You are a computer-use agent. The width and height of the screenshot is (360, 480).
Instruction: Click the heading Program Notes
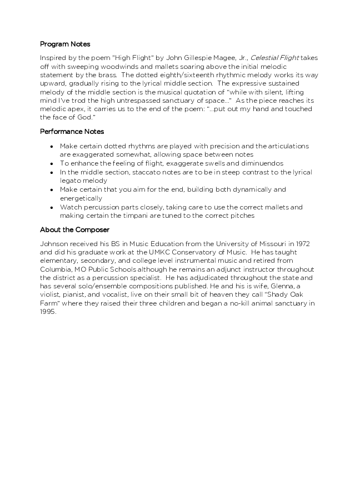click(65, 44)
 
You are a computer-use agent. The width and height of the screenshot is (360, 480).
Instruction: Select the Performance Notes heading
click(72, 132)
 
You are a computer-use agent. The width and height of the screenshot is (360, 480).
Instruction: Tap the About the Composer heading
click(74, 229)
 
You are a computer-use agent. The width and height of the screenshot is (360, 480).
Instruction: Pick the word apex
click(77, 109)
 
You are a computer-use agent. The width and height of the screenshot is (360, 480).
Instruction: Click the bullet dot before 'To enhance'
click(52, 163)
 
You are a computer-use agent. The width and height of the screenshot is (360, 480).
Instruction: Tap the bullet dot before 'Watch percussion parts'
click(52, 207)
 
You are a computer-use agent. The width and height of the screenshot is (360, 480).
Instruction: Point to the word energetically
click(81, 198)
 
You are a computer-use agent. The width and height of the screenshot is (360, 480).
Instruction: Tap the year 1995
click(48, 312)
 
